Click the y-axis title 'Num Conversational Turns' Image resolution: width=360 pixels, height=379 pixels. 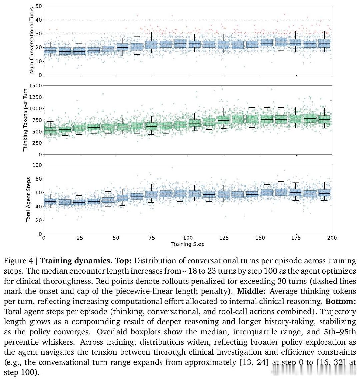(x=31, y=40)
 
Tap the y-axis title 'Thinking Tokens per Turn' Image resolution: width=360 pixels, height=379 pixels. (x=25, y=120)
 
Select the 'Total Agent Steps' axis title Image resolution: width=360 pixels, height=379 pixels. (x=28, y=199)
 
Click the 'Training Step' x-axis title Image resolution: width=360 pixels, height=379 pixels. (x=188, y=244)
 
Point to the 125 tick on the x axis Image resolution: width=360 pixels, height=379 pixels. (x=224, y=238)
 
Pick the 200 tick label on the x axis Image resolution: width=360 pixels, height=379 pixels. (x=332, y=238)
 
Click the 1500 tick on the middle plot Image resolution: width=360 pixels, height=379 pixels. (x=35, y=86)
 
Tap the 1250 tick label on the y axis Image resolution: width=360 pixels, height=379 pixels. (x=35, y=97)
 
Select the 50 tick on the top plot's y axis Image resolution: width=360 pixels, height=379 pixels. (x=39, y=6)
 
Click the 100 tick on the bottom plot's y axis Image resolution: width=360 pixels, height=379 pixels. (x=37, y=165)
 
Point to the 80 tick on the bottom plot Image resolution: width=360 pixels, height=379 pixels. (x=39, y=179)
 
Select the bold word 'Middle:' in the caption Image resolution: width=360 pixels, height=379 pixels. (x=251, y=291)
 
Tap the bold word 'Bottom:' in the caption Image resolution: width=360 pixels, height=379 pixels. (x=341, y=301)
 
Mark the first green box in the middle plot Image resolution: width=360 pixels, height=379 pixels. (x=51, y=131)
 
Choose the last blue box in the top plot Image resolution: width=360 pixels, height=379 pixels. (x=324, y=44)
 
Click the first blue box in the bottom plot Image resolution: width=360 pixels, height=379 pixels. (x=51, y=201)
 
